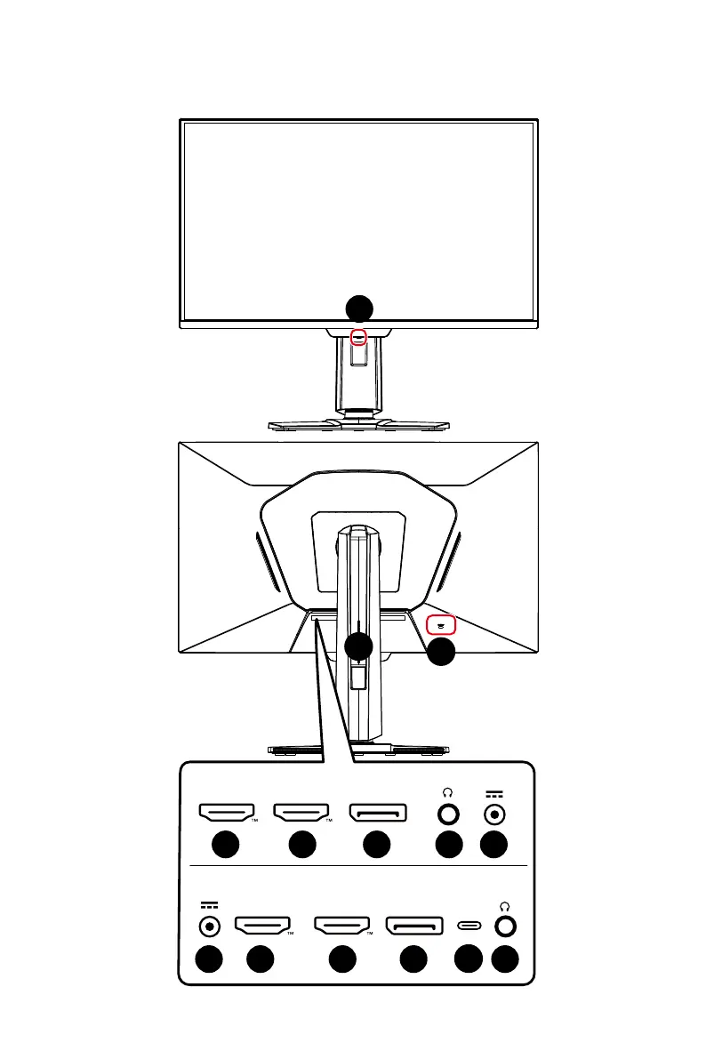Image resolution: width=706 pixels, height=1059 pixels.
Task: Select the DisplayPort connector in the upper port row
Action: tap(378, 813)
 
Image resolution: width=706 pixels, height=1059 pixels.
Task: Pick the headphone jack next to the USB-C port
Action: tap(505, 926)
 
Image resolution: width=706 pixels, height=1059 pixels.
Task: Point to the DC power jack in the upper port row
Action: tap(494, 813)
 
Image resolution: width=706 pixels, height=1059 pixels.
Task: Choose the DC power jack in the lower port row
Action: tap(210, 927)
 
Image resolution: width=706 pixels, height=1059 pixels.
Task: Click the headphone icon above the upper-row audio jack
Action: tap(449, 792)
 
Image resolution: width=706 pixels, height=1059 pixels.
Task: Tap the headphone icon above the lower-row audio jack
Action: tap(505, 905)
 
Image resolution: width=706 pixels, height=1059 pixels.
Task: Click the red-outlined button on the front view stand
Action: tap(359, 336)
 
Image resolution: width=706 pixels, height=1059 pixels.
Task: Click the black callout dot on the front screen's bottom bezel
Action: tap(359, 309)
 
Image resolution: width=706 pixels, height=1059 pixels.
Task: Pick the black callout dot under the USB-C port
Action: tap(469, 960)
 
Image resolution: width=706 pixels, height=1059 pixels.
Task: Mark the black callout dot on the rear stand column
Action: tap(358, 647)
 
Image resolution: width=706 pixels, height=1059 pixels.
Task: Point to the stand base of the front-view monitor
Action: tap(358, 424)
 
